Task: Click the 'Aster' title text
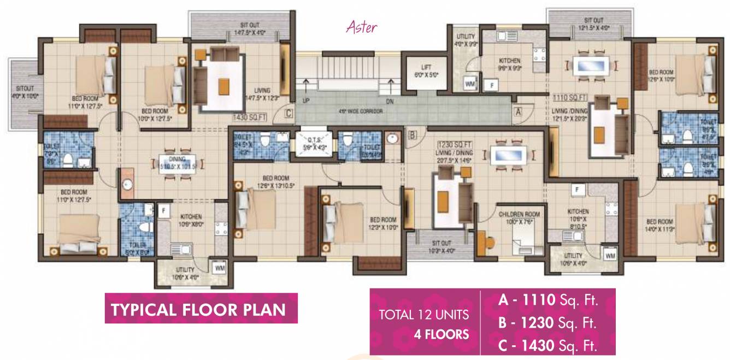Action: pos(362,27)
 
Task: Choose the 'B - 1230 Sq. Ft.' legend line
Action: pos(547,322)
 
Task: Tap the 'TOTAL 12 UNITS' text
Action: pos(424,315)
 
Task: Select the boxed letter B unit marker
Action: pos(413,132)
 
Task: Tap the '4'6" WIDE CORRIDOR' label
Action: pos(360,111)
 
